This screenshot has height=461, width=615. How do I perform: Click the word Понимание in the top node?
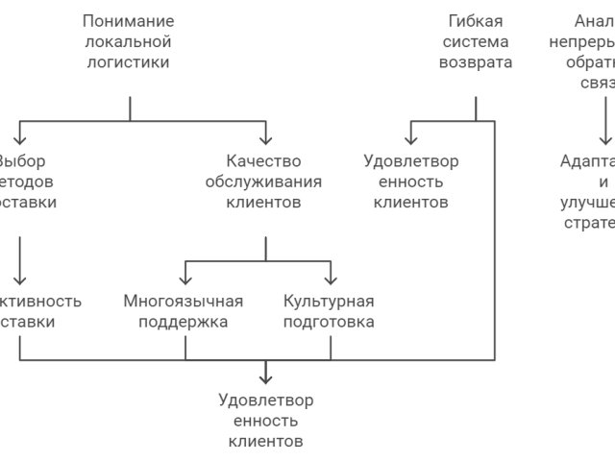(129, 21)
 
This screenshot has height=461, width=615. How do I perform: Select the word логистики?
(129, 63)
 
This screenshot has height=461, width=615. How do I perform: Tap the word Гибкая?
(475, 21)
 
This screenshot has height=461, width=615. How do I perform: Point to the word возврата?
(475, 63)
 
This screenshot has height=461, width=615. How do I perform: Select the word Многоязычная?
(184, 301)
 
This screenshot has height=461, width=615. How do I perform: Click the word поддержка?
(184, 322)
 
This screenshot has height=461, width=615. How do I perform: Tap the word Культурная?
(329, 301)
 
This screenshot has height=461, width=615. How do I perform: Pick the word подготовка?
(329, 322)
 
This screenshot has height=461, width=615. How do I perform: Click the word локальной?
(129, 42)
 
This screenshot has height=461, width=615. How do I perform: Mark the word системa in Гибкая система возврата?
(475, 42)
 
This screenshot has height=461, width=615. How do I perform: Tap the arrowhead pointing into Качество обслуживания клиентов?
(265, 137)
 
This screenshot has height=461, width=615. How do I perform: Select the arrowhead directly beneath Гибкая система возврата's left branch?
(411, 137)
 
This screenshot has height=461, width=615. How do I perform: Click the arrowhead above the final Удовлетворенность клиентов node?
(265, 376)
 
